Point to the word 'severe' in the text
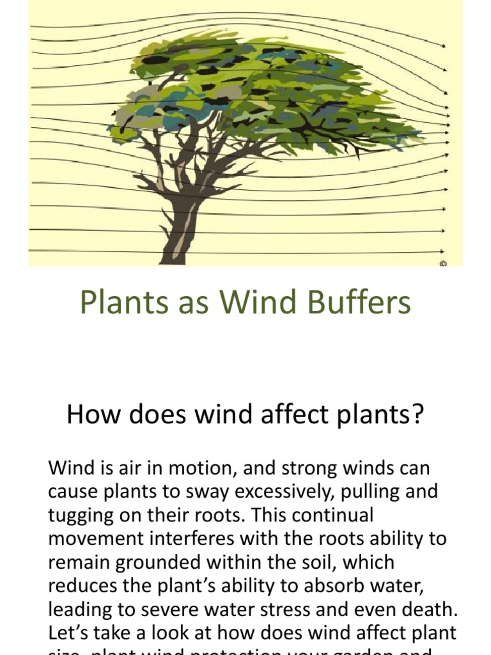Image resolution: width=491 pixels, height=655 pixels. tap(203, 610)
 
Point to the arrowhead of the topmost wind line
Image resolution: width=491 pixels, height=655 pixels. tap(444, 45)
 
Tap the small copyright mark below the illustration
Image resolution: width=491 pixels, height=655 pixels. tap(443, 262)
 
